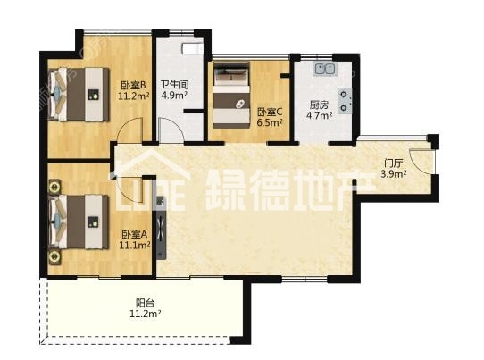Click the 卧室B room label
(134, 85)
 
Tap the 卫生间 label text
(175, 84)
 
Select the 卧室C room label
(270, 112)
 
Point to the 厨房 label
(320, 105)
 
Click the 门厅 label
(394, 163)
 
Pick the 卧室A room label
(134, 235)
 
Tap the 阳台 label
(145, 303)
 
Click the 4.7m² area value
(320, 115)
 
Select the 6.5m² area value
(270, 122)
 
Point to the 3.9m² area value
(394, 174)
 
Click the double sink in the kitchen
(325, 69)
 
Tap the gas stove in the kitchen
(345, 101)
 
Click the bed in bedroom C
(231, 95)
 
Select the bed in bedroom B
(79, 94)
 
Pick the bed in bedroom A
(79, 222)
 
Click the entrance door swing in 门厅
(421, 161)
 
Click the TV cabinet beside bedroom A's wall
(161, 228)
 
